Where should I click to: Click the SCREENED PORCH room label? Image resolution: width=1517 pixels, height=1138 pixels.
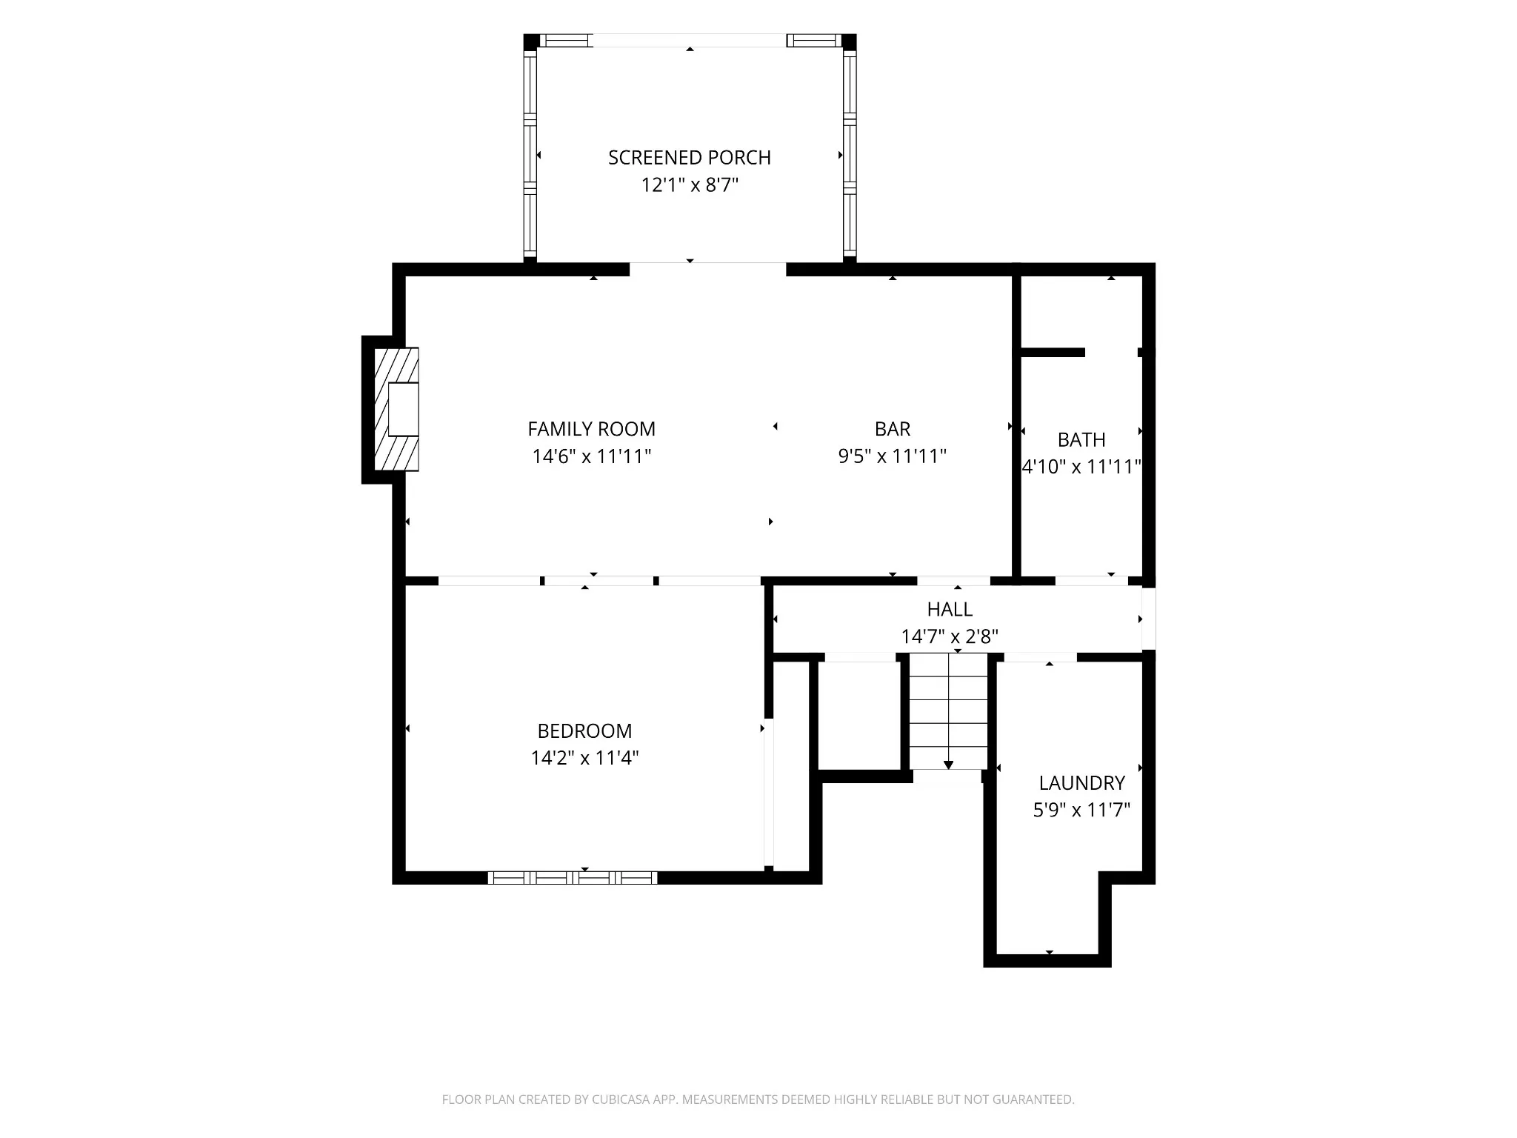click(x=690, y=158)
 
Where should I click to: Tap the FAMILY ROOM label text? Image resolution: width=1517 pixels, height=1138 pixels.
click(x=592, y=429)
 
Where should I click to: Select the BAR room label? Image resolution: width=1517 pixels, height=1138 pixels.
click(x=893, y=429)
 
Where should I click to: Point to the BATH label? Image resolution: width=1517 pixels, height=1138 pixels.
click(x=1081, y=440)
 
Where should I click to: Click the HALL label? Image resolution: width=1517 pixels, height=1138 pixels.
click(x=950, y=610)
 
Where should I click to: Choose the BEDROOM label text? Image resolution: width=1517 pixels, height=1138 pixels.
click(x=585, y=731)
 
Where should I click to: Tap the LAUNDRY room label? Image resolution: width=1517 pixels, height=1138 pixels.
click(x=1082, y=783)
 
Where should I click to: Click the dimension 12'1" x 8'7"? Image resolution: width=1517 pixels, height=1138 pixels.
click(x=690, y=185)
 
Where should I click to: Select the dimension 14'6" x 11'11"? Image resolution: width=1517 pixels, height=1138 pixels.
click(x=592, y=456)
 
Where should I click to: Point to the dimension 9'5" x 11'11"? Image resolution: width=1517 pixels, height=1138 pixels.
click(x=893, y=456)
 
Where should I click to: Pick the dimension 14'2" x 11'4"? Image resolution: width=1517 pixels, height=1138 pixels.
click(x=585, y=759)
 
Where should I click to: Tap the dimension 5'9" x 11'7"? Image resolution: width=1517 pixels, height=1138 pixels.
click(x=1082, y=811)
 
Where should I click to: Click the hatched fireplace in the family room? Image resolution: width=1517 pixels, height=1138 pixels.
click(x=396, y=409)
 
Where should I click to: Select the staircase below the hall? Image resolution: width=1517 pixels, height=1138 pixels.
click(x=949, y=712)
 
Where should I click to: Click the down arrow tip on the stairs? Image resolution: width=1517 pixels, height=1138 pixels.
click(x=949, y=769)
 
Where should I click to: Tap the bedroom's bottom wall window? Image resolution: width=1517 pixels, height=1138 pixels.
click(x=573, y=878)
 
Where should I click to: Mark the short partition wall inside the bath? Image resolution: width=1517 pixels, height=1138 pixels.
click(x=1053, y=353)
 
